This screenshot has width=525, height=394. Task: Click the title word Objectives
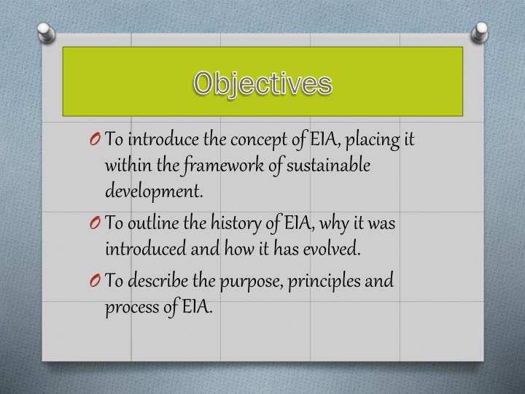click(x=262, y=82)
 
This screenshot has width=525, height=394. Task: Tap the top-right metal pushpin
click(x=481, y=31)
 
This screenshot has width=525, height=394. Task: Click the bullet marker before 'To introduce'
click(x=97, y=140)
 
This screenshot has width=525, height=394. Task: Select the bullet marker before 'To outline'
click(x=97, y=224)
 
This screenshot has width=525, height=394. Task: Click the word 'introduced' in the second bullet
click(x=141, y=250)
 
